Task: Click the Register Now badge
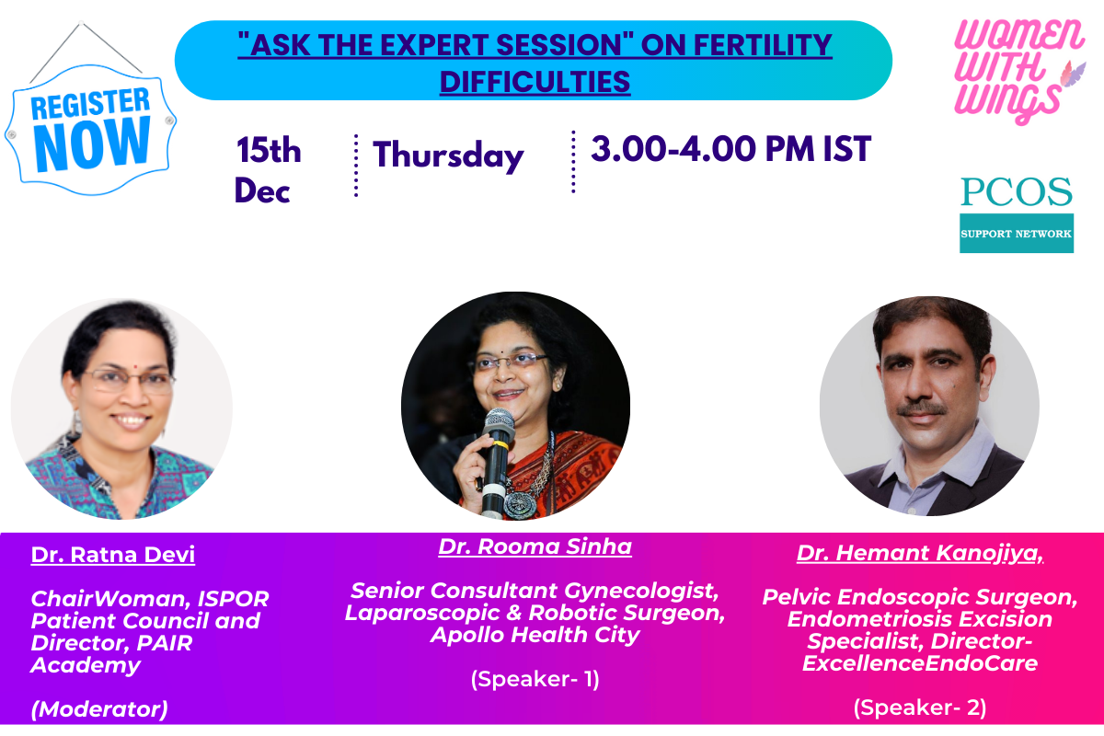(x=91, y=129)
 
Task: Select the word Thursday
(x=448, y=155)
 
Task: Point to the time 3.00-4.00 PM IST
(x=730, y=148)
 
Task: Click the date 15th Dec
(x=268, y=170)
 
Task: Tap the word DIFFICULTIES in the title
(x=535, y=82)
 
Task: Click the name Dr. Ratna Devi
(x=113, y=555)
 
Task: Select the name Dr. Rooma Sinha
(x=535, y=546)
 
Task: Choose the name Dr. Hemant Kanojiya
(x=920, y=553)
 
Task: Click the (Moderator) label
(x=99, y=709)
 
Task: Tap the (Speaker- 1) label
(x=535, y=679)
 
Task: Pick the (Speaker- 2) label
(x=920, y=707)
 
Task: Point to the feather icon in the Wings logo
(x=1073, y=74)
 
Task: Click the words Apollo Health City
(x=535, y=635)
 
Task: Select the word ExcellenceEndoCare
(x=920, y=663)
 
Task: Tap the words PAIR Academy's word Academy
(x=86, y=665)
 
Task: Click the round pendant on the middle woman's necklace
(x=516, y=504)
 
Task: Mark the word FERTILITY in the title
(x=763, y=45)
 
